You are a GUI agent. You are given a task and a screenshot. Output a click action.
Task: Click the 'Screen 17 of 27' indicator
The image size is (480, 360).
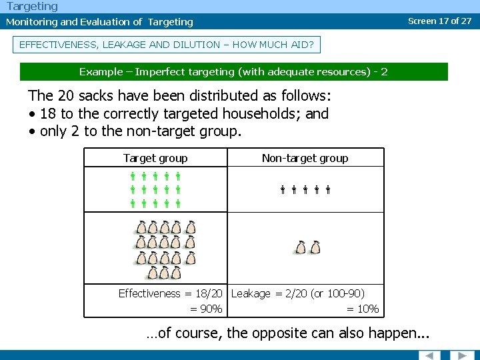coord(439,21)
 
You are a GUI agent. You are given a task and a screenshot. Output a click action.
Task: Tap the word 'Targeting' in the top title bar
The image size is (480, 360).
coord(33,7)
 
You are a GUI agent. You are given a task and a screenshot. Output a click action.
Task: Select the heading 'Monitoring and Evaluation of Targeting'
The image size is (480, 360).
coord(99,22)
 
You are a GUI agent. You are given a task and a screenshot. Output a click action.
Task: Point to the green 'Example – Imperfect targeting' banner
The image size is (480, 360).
coord(233,71)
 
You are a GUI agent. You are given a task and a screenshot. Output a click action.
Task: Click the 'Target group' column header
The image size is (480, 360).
coord(155,158)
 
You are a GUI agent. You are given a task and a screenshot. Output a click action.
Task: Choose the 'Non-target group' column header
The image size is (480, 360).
coord(305,158)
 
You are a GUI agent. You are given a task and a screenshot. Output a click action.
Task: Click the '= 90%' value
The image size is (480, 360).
coord(206,309)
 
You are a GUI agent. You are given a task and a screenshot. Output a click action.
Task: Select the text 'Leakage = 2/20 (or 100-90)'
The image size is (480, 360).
coord(298,293)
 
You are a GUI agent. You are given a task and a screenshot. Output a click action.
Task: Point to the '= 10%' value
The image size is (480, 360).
coord(363,309)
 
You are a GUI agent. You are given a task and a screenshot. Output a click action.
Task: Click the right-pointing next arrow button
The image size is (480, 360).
coord(461,355)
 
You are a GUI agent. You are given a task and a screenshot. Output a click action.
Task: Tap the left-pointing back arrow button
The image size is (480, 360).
coord(429,355)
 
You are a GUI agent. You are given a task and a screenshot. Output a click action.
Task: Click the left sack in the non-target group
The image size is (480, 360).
coord(301,247)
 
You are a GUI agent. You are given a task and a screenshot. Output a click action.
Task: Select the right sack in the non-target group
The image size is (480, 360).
coord(315,247)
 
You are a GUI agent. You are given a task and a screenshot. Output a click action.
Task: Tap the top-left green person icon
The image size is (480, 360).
coord(133,177)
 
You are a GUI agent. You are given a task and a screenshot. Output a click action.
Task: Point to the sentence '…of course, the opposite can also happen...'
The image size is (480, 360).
coord(288,333)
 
